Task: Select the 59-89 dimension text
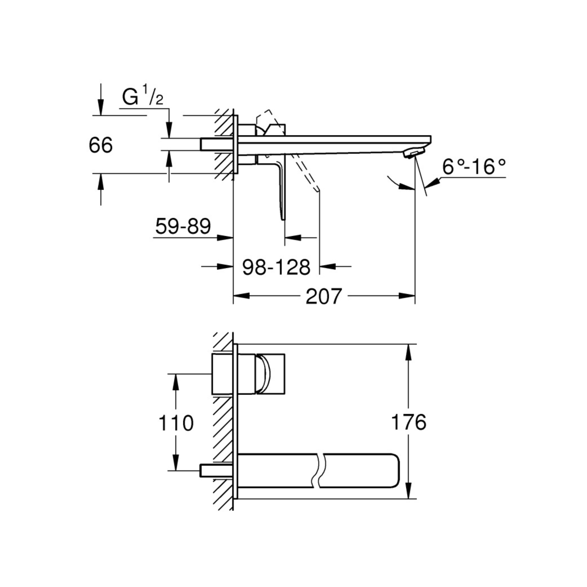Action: (x=183, y=226)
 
